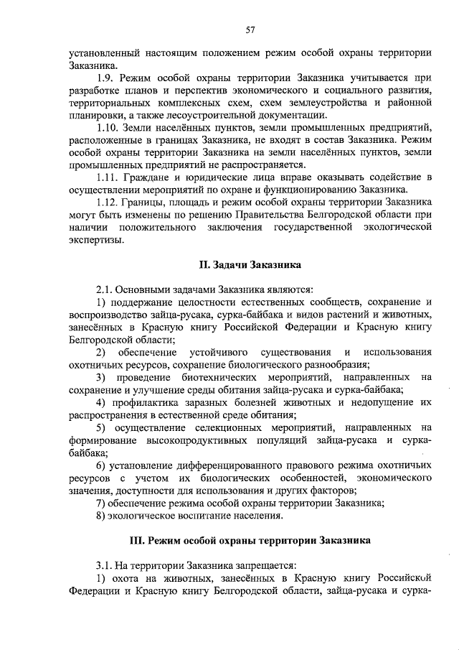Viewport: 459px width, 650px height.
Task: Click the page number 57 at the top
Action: tap(250, 29)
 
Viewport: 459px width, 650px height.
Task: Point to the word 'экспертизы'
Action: tap(96, 241)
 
